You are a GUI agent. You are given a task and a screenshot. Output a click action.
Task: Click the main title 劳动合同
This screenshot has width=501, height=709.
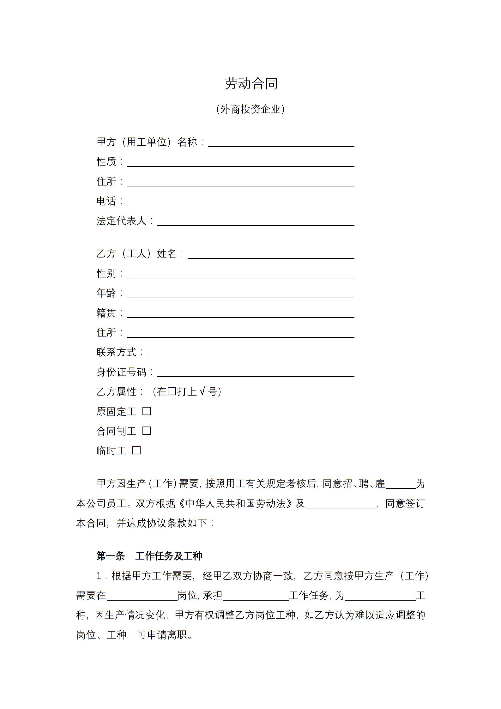pos(251,84)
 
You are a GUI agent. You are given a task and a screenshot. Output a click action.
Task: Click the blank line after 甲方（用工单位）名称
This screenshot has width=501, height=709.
pos(281,143)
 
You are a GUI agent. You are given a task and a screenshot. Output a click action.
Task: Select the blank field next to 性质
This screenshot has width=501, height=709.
pos(240,163)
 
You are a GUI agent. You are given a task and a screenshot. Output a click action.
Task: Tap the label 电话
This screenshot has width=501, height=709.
pos(106,201)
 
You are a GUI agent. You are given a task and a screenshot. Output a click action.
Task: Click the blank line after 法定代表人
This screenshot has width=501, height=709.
pos(256,222)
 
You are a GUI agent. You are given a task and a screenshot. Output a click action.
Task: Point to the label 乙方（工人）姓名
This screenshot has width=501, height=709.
pos(136,253)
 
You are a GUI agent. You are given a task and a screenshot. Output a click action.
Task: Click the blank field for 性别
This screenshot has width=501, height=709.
pos(240,274)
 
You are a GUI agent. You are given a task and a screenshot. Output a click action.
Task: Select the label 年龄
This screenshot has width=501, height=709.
pos(106,293)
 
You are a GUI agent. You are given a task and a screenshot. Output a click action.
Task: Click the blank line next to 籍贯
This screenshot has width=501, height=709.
pos(240,314)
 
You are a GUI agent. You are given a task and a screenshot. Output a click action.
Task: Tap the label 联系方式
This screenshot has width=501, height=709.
pos(116,352)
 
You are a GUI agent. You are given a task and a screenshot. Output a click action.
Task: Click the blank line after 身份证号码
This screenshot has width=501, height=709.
pos(256,373)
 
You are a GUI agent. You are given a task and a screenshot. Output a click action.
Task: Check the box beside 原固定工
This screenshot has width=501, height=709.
pos(147,411)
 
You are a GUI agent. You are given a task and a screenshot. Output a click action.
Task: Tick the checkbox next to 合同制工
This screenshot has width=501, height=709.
pos(147,431)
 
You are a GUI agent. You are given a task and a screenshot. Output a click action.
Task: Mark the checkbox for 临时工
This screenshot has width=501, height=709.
pos(136,451)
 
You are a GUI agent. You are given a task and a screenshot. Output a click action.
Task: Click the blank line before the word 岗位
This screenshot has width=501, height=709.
pos(142,596)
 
